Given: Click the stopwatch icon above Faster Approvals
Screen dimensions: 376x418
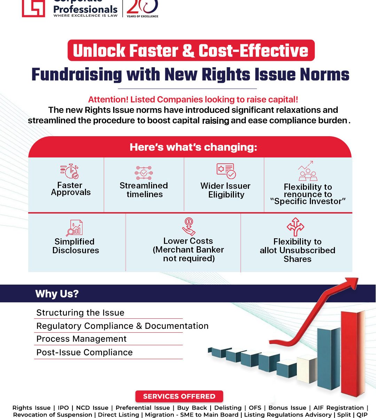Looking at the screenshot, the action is (x=70, y=171).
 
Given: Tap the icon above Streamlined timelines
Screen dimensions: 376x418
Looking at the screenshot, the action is (x=144, y=173).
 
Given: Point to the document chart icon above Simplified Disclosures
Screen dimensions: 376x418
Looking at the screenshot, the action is (x=75, y=228).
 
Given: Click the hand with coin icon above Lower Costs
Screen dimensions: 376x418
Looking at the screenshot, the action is (x=189, y=227).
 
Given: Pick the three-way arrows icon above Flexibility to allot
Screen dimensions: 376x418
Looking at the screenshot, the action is (x=295, y=227).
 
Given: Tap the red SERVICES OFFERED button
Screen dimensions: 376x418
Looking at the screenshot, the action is (x=179, y=396).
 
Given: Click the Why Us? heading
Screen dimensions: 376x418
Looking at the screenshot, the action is (x=57, y=294).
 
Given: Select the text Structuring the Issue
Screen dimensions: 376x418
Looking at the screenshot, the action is (x=80, y=312).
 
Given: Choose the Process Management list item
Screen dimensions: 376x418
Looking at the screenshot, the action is (x=81, y=339).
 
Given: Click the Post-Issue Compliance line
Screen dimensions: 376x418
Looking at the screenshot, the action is (x=85, y=353).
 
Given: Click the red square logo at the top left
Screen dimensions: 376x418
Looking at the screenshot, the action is (x=33, y=8).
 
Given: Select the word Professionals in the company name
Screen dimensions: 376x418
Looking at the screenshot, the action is (x=85, y=9).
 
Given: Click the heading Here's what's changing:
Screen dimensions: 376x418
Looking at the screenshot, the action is (x=194, y=147).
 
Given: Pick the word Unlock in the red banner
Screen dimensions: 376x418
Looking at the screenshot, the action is (x=99, y=51).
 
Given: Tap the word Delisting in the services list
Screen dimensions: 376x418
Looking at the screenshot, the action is (x=228, y=408).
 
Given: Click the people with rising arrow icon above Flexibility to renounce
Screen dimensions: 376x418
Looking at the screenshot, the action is (x=308, y=171).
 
